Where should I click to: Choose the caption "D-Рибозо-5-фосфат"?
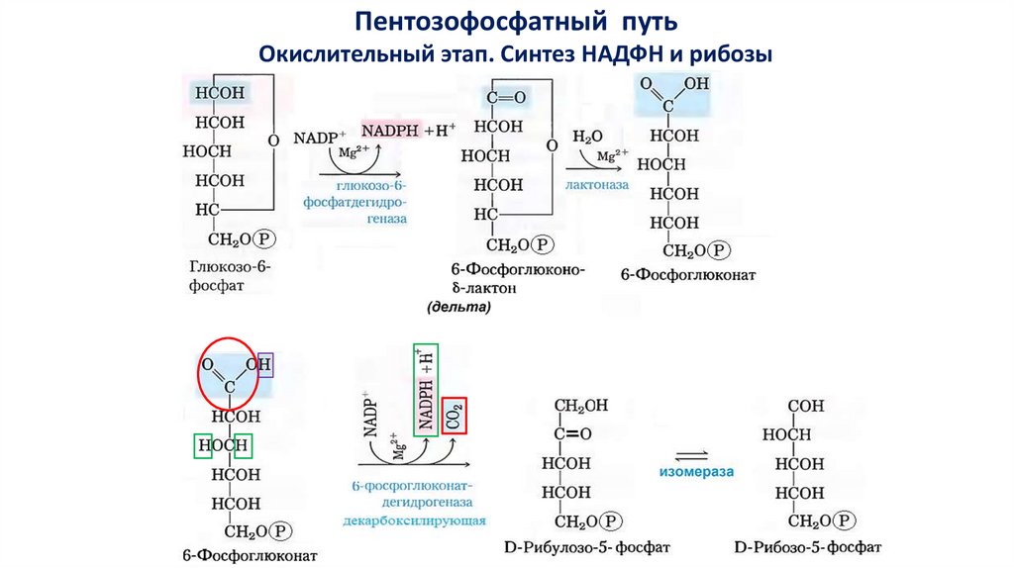point(809,546)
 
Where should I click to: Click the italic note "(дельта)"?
point(458,308)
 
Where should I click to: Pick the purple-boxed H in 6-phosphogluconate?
point(265,366)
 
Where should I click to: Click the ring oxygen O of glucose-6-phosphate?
point(273,142)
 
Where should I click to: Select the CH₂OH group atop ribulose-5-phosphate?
point(581,406)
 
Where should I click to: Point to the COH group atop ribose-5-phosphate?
point(808,406)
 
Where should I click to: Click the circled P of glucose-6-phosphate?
point(264,239)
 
